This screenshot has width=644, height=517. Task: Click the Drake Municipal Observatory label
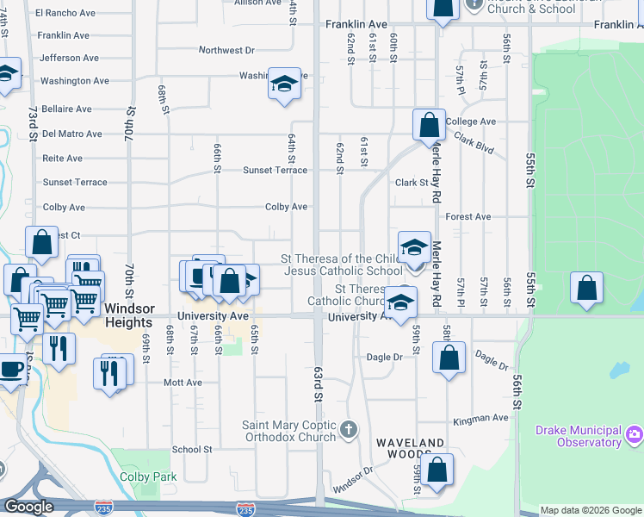click(x=578, y=436)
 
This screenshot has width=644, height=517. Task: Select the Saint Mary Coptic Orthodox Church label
click(x=288, y=431)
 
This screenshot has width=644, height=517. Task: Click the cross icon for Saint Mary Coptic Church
click(x=348, y=429)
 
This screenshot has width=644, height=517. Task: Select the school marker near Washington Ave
click(x=284, y=84)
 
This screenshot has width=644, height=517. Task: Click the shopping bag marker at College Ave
click(x=429, y=125)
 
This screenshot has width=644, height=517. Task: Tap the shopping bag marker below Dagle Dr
click(x=449, y=358)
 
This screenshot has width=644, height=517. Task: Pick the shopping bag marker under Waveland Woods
click(x=437, y=470)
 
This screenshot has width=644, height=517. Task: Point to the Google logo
click(x=29, y=507)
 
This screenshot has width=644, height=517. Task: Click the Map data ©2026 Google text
click(x=590, y=510)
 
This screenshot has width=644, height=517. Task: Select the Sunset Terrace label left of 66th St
click(x=75, y=183)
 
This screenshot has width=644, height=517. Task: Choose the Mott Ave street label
click(x=183, y=383)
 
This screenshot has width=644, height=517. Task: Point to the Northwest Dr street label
click(x=227, y=51)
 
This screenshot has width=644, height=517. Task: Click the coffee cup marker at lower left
click(x=10, y=370)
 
